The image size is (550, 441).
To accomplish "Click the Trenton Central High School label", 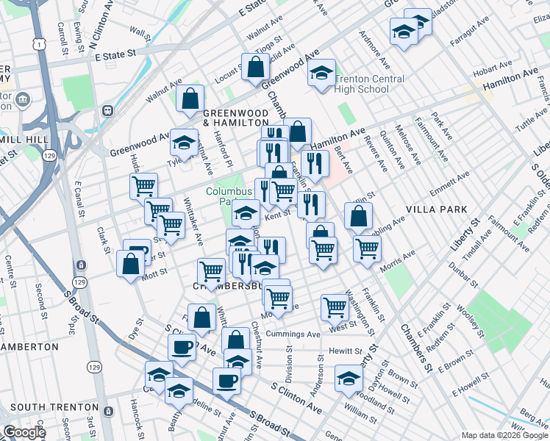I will coord(370,84).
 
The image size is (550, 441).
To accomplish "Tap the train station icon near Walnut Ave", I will coord(107,111).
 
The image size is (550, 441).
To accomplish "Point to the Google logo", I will coord(24,431).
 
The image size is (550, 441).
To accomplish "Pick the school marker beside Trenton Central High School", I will coord(321,73).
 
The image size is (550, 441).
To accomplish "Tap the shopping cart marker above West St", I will coord(335,306).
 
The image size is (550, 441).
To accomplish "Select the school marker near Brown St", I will coord(349,379).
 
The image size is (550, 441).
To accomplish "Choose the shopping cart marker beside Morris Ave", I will coord(366,247).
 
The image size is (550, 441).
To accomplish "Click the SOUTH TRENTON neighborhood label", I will coord(54,406).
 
